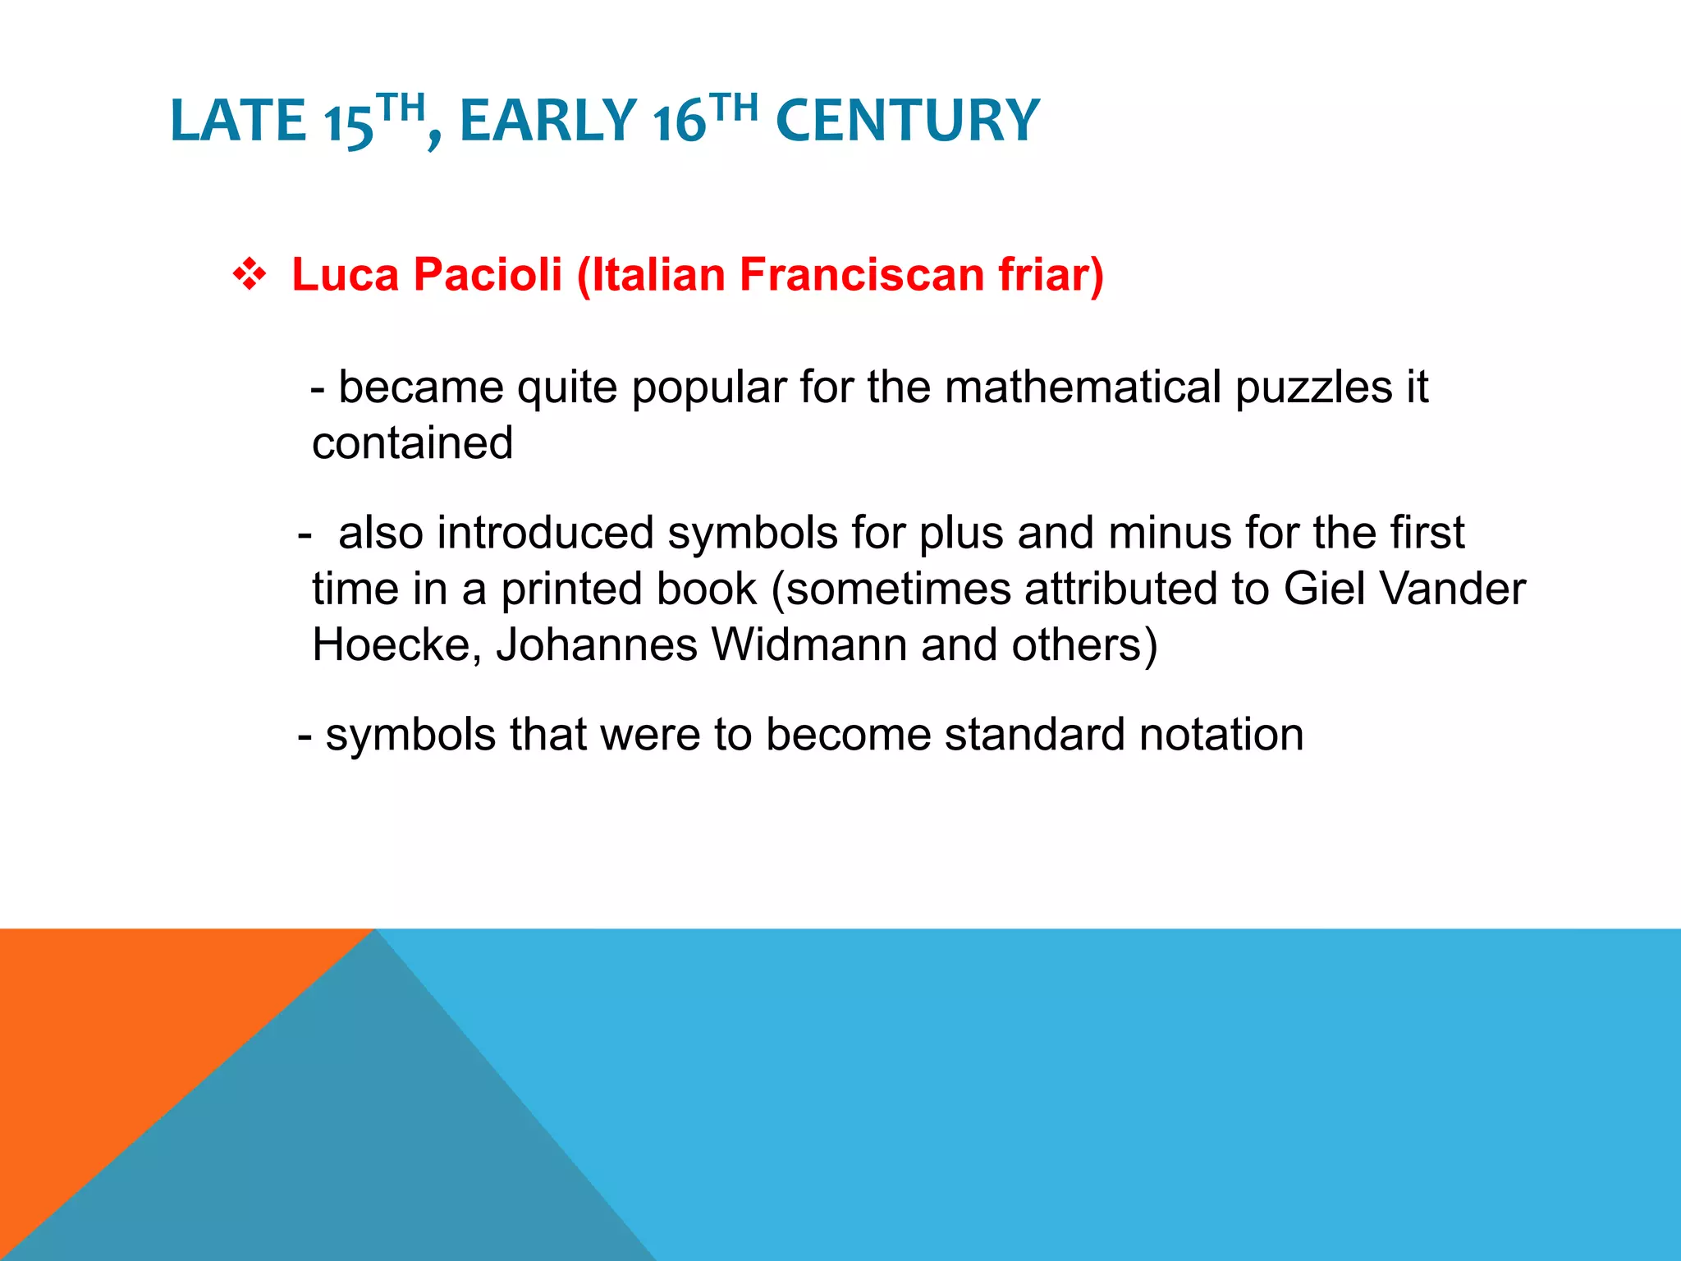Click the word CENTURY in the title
pos(907,121)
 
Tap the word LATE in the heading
pos(238,121)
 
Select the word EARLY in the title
pos(547,121)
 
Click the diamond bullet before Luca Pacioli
pos(249,275)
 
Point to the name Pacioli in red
pos(488,274)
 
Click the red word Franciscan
pos(862,274)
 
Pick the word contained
pos(412,443)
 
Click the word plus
pos(961,533)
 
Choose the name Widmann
pos(808,645)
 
